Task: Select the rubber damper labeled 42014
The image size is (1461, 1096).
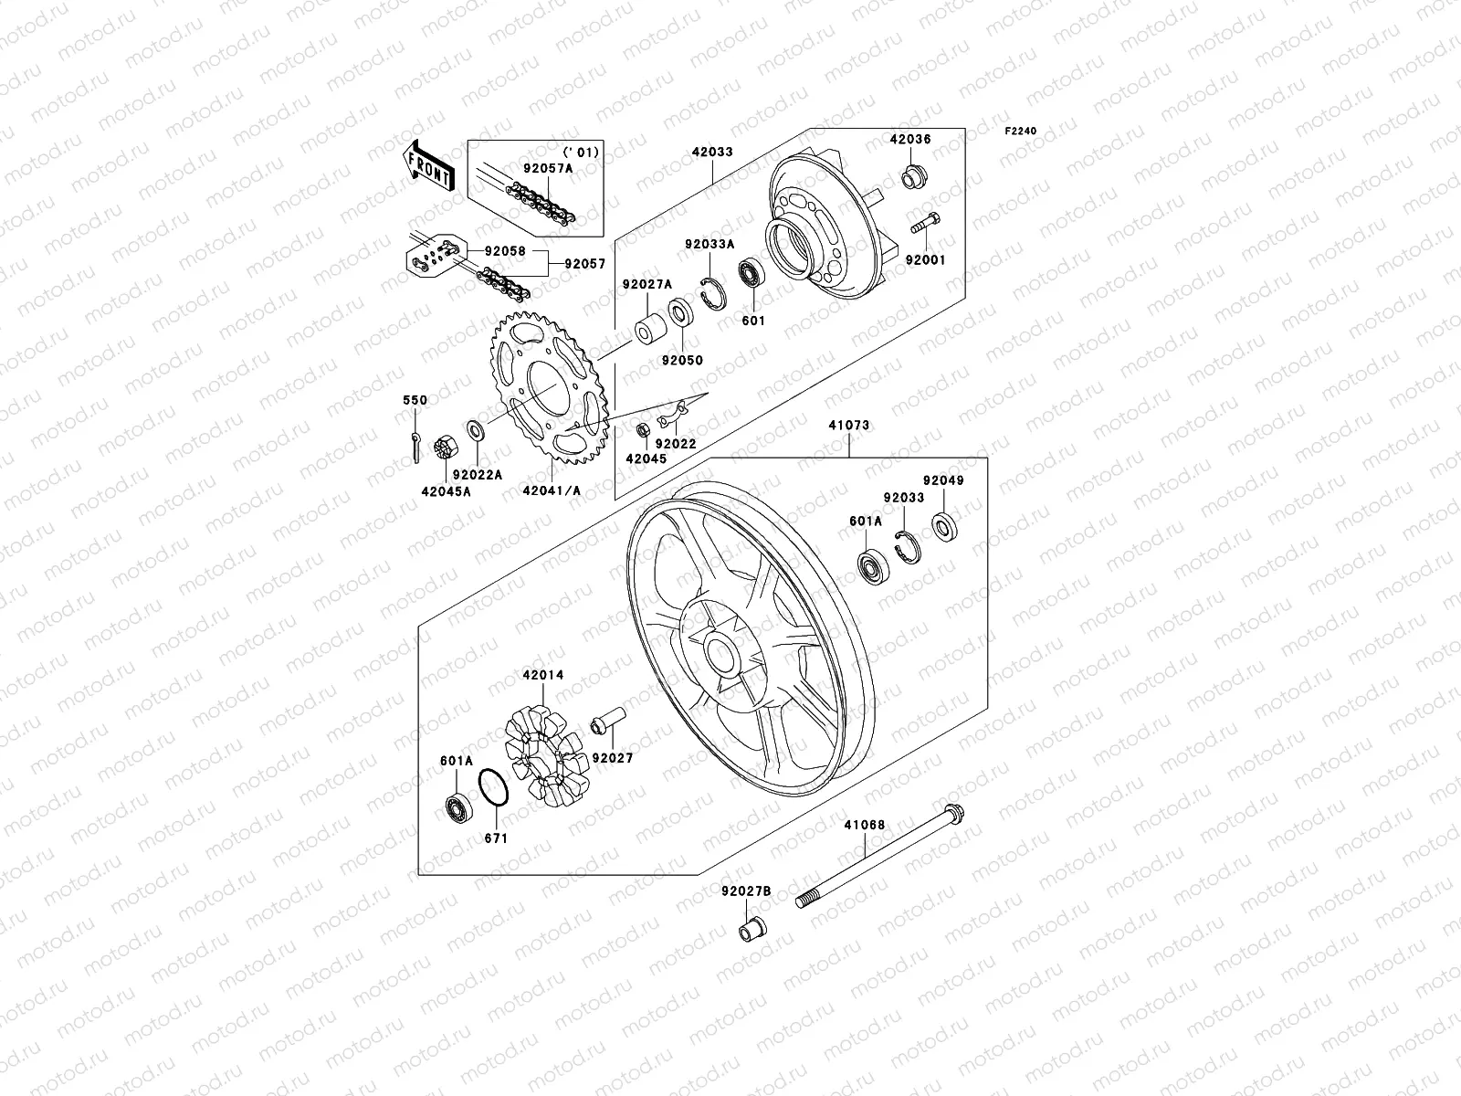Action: (544, 746)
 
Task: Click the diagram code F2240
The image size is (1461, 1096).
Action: (1022, 132)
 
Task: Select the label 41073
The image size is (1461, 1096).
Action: (849, 426)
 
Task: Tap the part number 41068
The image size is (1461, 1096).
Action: (864, 825)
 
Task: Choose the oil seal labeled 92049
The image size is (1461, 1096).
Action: (942, 526)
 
